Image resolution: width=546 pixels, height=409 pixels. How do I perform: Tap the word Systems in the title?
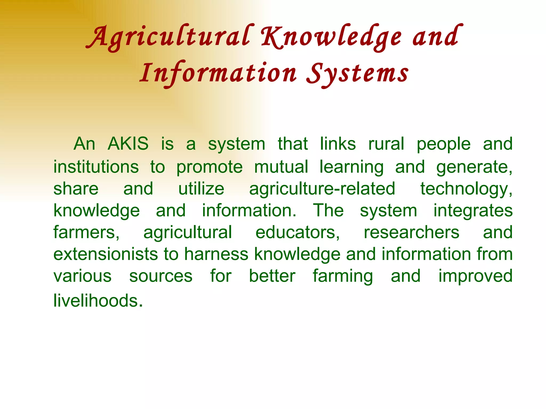click(x=357, y=73)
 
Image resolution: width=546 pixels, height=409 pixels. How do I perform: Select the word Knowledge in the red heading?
click(x=331, y=37)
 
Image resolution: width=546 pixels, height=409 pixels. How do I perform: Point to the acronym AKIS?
click(x=128, y=144)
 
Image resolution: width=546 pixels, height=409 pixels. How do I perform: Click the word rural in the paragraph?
click(x=386, y=144)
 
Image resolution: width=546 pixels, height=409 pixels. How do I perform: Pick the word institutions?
click(x=96, y=167)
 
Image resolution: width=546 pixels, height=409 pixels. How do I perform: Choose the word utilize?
click(x=201, y=189)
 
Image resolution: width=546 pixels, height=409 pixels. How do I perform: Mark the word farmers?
click(x=86, y=232)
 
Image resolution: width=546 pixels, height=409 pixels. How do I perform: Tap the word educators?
click(x=297, y=232)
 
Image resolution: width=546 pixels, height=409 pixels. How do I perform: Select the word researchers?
click(x=411, y=232)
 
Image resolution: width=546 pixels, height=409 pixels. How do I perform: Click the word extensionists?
click(x=106, y=254)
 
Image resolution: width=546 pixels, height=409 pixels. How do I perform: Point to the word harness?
click(x=216, y=254)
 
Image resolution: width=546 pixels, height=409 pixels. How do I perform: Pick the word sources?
click(x=161, y=276)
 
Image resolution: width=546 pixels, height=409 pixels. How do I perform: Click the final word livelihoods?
click(x=98, y=300)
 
